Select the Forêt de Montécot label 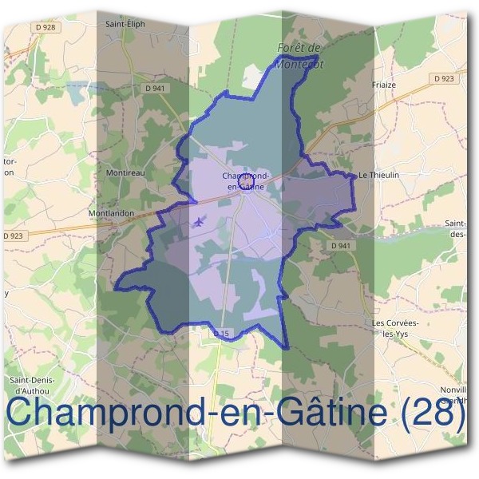297,56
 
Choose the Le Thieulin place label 378,174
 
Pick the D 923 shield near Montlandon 14,236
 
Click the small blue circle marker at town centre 247,186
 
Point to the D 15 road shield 222,331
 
